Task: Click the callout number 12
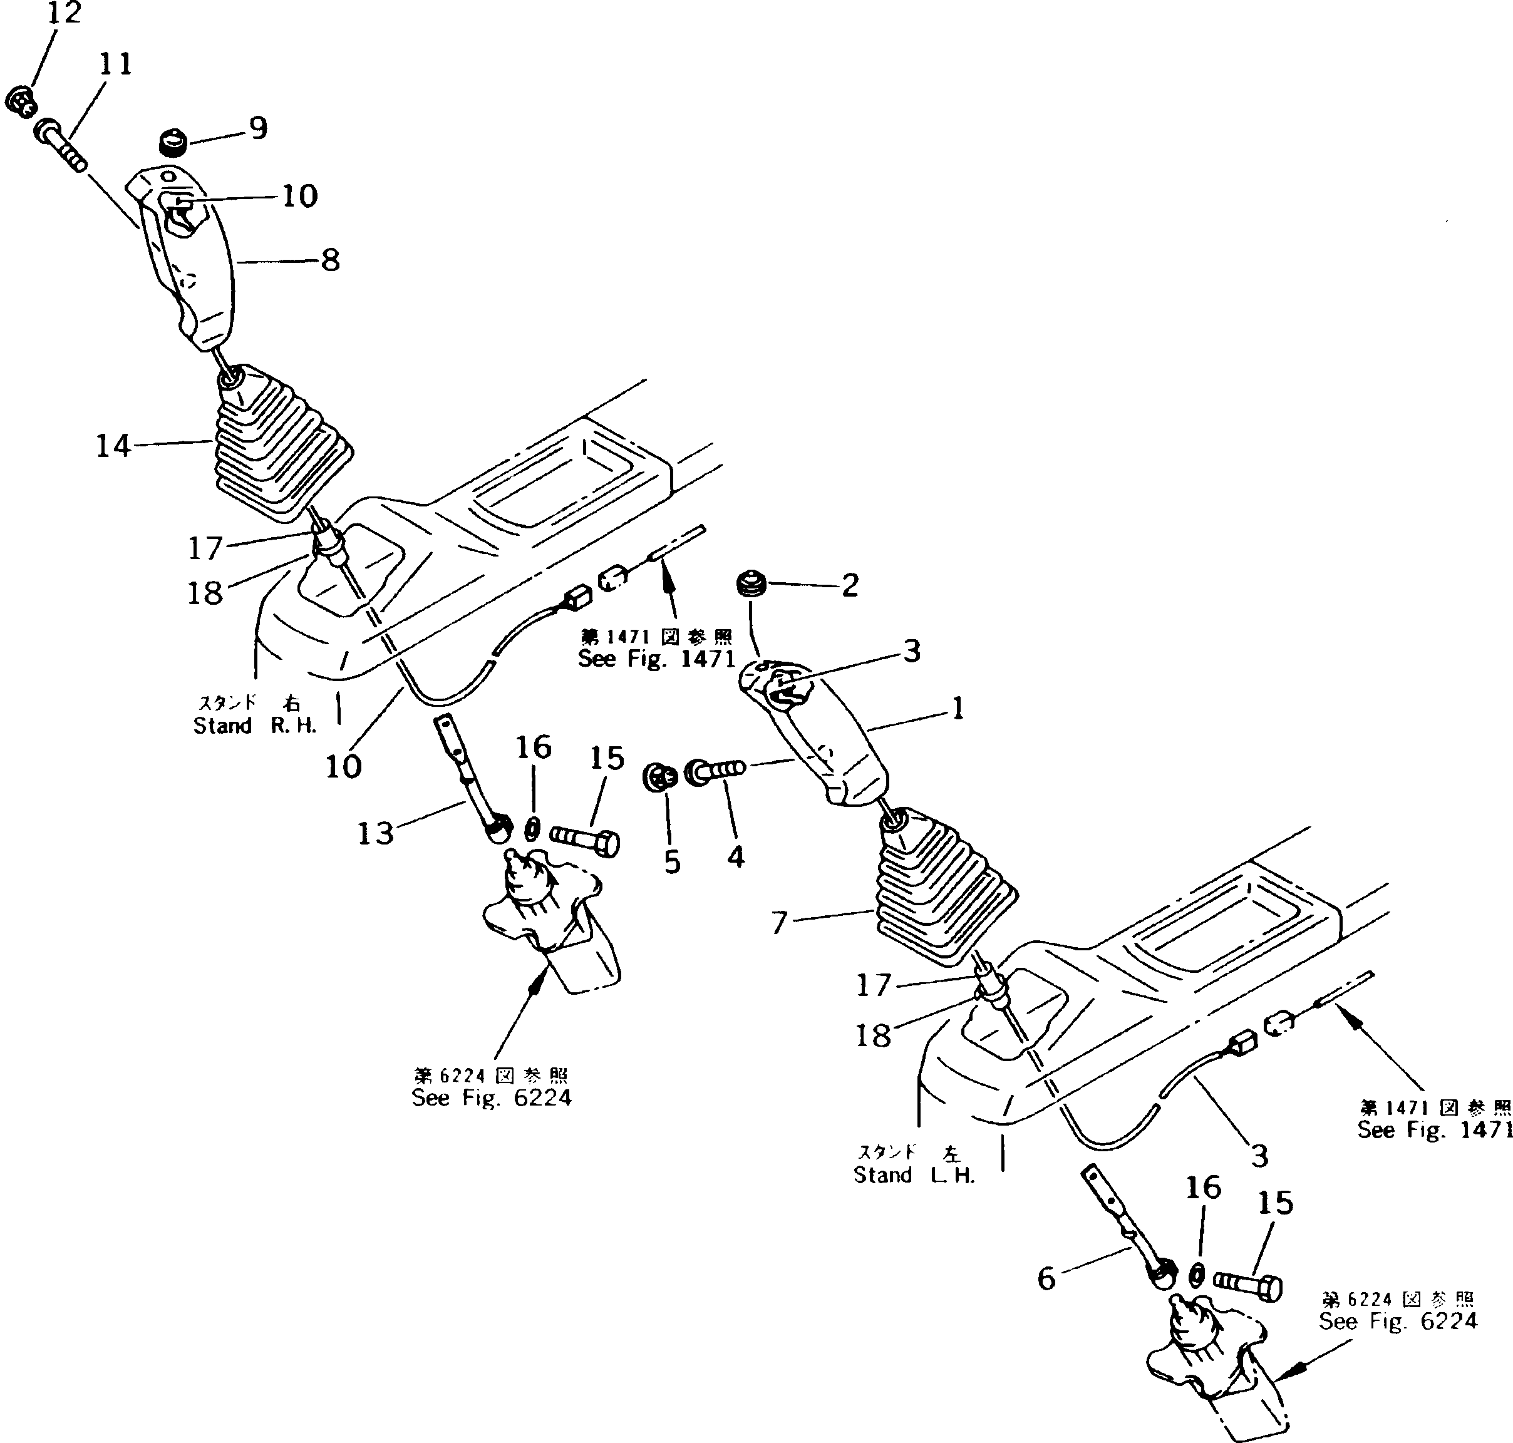pyautogui.click(x=64, y=13)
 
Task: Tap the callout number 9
pyautogui.click(x=259, y=128)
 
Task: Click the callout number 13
pyautogui.click(x=376, y=833)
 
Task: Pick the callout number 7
pyautogui.click(x=780, y=922)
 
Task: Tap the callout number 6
pyautogui.click(x=1046, y=1278)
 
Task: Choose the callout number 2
pyautogui.click(x=850, y=586)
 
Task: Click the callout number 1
pyautogui.click(x=958, y=709)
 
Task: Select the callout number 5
pyautogui.click(x=672, y=862)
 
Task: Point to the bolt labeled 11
pyautogui.click(x=60, y=146)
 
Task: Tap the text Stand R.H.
pyautogui.click(x=255, y=726)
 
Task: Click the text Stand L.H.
pyautogui.click(x=914, y=1174)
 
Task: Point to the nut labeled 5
pyautogui.click(x=659, y=777)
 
